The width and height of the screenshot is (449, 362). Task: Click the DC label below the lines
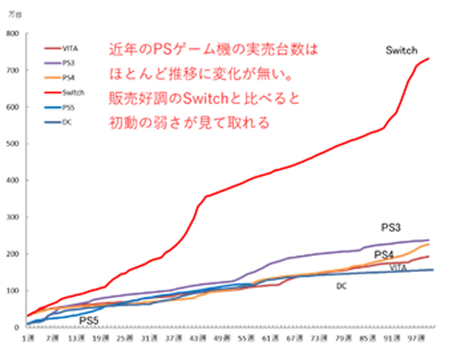[341, 286]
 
